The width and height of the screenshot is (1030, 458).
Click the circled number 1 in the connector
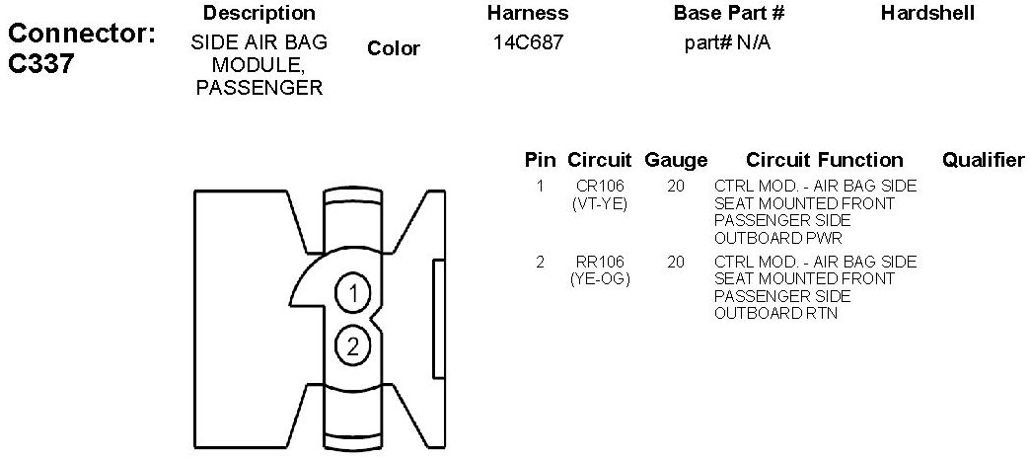point(352,293)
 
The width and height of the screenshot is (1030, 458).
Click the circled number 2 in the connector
point(352,345)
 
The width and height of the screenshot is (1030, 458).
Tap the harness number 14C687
point(528,43)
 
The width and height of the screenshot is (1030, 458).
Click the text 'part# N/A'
point(727,43)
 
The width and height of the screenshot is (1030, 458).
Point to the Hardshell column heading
point(927,14)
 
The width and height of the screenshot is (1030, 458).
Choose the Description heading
point(259,14)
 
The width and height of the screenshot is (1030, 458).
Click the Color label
point(394,48)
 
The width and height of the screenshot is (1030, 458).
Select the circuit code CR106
point(601,186)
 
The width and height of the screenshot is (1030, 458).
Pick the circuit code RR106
point(601,262)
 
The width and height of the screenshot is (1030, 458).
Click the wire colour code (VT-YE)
point(601,203)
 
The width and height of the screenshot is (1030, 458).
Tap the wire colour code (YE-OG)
point(601,279)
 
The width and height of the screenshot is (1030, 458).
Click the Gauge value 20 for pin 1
point(676,186)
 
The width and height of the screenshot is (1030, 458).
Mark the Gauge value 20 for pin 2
point(676,262)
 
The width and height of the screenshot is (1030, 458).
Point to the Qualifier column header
point(984,160)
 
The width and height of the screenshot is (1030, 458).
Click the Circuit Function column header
point(825,160)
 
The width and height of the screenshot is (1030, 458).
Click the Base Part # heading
point(729,14)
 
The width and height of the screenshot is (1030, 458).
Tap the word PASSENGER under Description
point(259,88)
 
